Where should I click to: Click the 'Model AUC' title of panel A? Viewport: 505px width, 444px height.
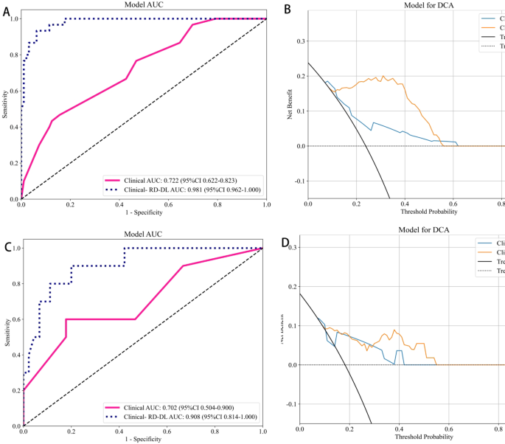pyautogui.click(x=143, y=5)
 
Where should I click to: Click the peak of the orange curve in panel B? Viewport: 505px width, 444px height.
pyautogui.click(x=383, y=76)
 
